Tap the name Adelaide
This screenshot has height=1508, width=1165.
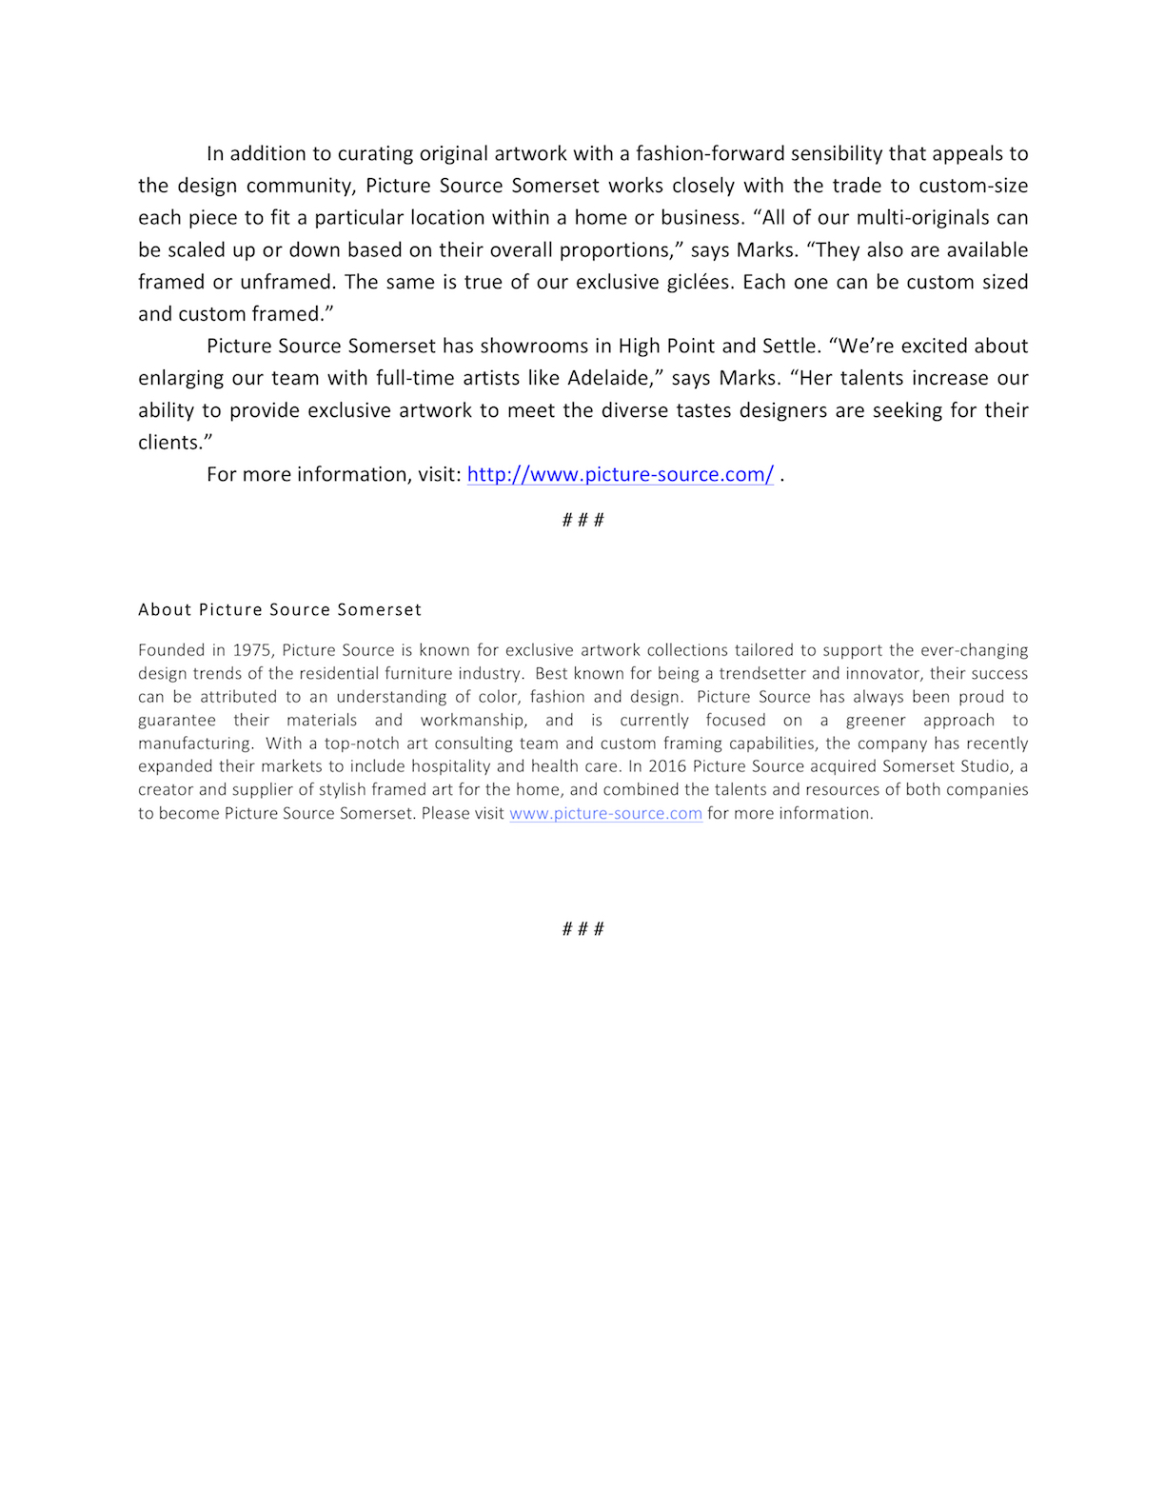609,378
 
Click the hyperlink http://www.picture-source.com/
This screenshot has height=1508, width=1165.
620,474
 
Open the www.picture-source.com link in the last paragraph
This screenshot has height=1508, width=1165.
605,813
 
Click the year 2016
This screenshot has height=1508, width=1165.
666,766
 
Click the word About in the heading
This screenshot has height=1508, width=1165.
165,609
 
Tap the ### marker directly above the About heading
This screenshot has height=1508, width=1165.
582,520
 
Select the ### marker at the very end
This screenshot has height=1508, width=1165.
582,929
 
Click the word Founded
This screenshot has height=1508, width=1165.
171,650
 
